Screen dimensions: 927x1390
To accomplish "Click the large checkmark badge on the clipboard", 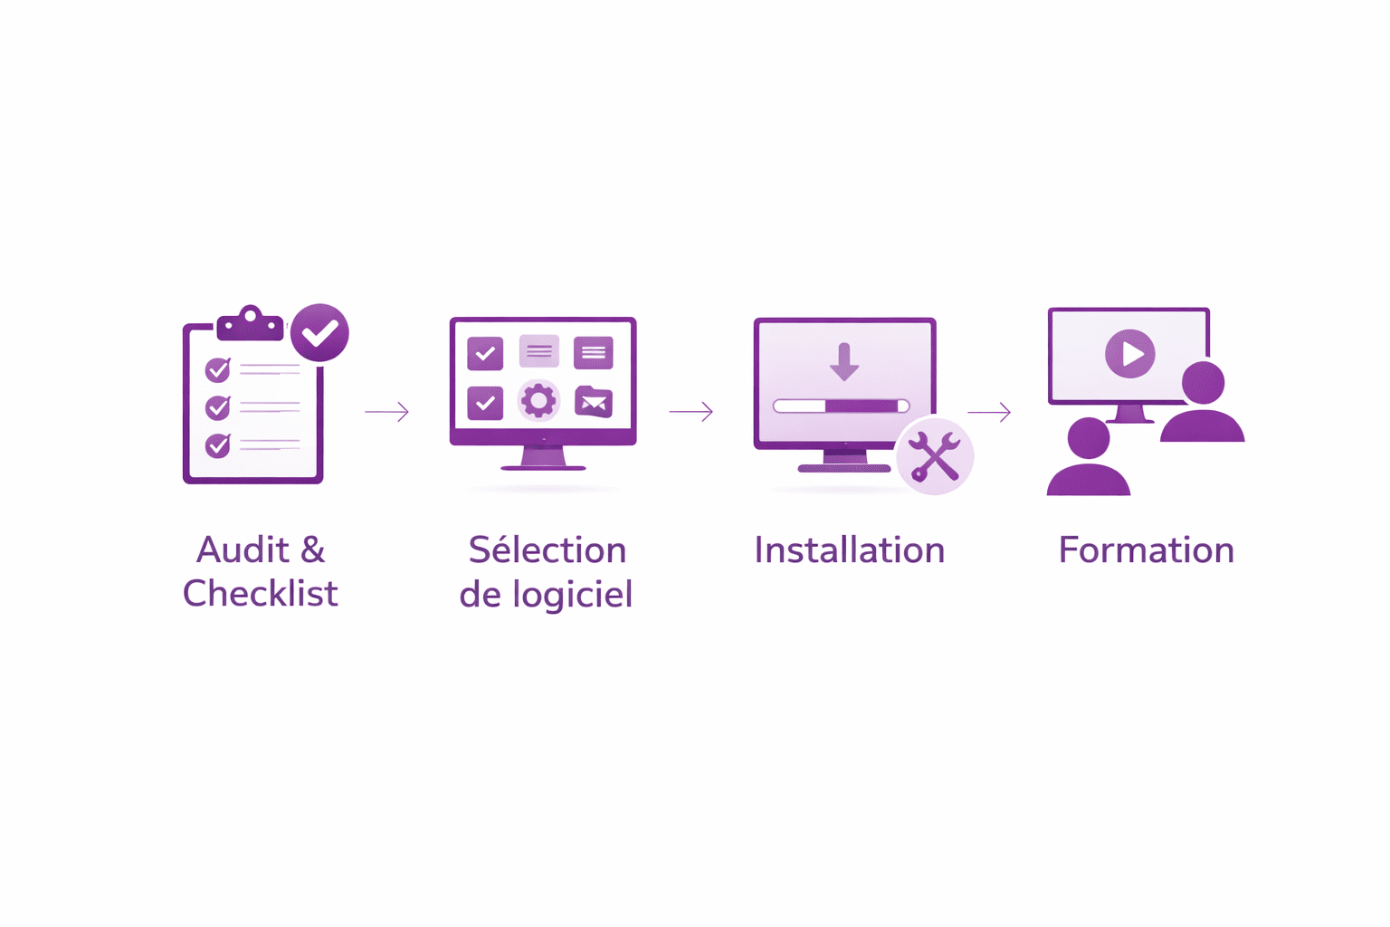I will coord(319,333).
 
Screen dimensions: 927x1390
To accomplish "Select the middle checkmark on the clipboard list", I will coord(217,407).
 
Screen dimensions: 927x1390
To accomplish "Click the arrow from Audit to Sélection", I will coord(387,412).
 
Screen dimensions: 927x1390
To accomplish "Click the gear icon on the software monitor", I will coord(538,400).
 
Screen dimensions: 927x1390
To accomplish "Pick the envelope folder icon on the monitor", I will coord(594,401).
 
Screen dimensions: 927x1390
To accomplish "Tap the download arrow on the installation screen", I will coord(843,361).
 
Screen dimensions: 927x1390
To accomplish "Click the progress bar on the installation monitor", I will coord(841,406).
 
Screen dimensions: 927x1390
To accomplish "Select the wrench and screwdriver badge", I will coord(935,456).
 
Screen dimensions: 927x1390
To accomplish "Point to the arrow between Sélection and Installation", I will coord(691,412).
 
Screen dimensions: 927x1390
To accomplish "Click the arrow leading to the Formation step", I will coord(989,412).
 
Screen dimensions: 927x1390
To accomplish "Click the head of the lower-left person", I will coord(1089,438).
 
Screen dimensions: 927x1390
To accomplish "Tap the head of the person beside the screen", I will coord(1203,382).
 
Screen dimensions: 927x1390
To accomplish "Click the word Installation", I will coord(849,550).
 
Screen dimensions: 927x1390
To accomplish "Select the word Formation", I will coord(1146,550).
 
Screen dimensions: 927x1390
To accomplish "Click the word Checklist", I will coord(261,594).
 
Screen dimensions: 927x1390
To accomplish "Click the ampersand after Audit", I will coord(312,550).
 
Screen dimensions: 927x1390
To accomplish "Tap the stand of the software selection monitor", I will coord(543,458).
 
